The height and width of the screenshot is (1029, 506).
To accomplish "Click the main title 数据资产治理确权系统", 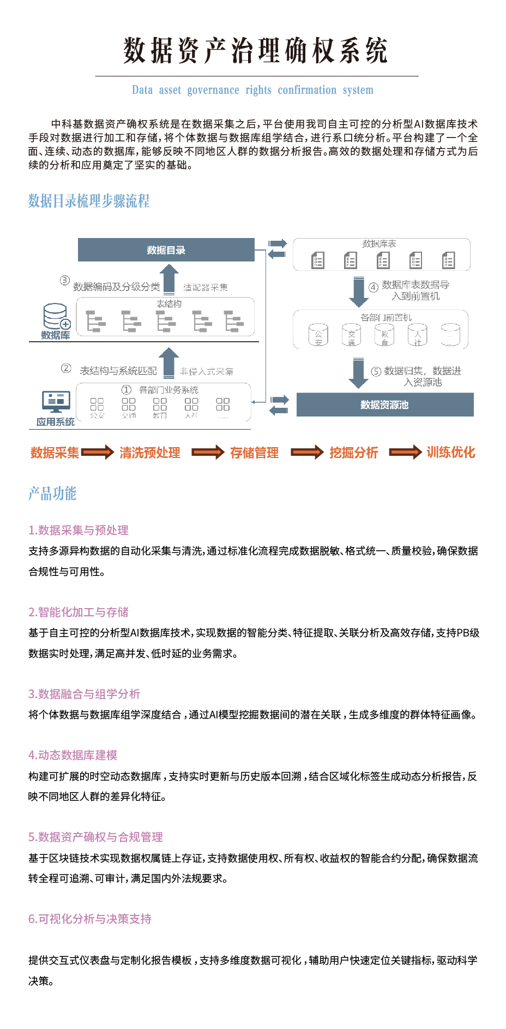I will click(255, 51).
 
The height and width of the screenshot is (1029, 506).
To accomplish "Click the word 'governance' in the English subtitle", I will click(213, 90).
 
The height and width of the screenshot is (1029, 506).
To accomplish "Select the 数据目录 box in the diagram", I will click(166, 250).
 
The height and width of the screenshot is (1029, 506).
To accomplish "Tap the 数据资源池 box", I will click(384, 405).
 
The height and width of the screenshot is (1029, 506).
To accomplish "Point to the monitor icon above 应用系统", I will click(56, 402).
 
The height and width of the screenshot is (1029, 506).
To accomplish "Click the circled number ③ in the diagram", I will click(65, 281).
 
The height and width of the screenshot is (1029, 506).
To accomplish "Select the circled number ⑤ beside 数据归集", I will click(376, 372).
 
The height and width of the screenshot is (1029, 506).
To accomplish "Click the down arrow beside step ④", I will click(358, 292).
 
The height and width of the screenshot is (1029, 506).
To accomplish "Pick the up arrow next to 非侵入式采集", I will click(168, 362).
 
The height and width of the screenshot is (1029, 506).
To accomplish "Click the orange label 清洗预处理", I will click(150, 453).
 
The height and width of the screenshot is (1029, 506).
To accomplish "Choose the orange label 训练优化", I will click(451, 452).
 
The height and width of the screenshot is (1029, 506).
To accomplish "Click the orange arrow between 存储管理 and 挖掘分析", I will click(307, 452).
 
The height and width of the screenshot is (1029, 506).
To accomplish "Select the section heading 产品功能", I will click(52, 493).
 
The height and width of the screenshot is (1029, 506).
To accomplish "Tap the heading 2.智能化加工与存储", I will click(79, 612).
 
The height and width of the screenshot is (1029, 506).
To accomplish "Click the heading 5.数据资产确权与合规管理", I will click(95, 837).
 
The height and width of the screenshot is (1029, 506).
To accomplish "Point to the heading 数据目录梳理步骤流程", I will click(89, 201).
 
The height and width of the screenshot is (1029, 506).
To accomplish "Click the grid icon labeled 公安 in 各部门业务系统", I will click(97, 405).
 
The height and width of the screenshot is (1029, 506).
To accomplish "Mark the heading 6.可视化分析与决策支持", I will click(90, 919).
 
